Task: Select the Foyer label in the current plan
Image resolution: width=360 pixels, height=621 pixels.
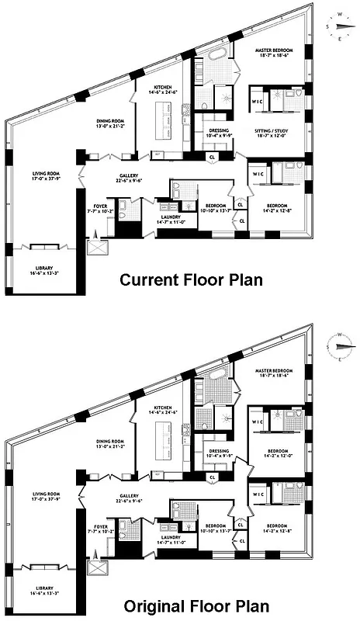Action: point(102,207)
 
